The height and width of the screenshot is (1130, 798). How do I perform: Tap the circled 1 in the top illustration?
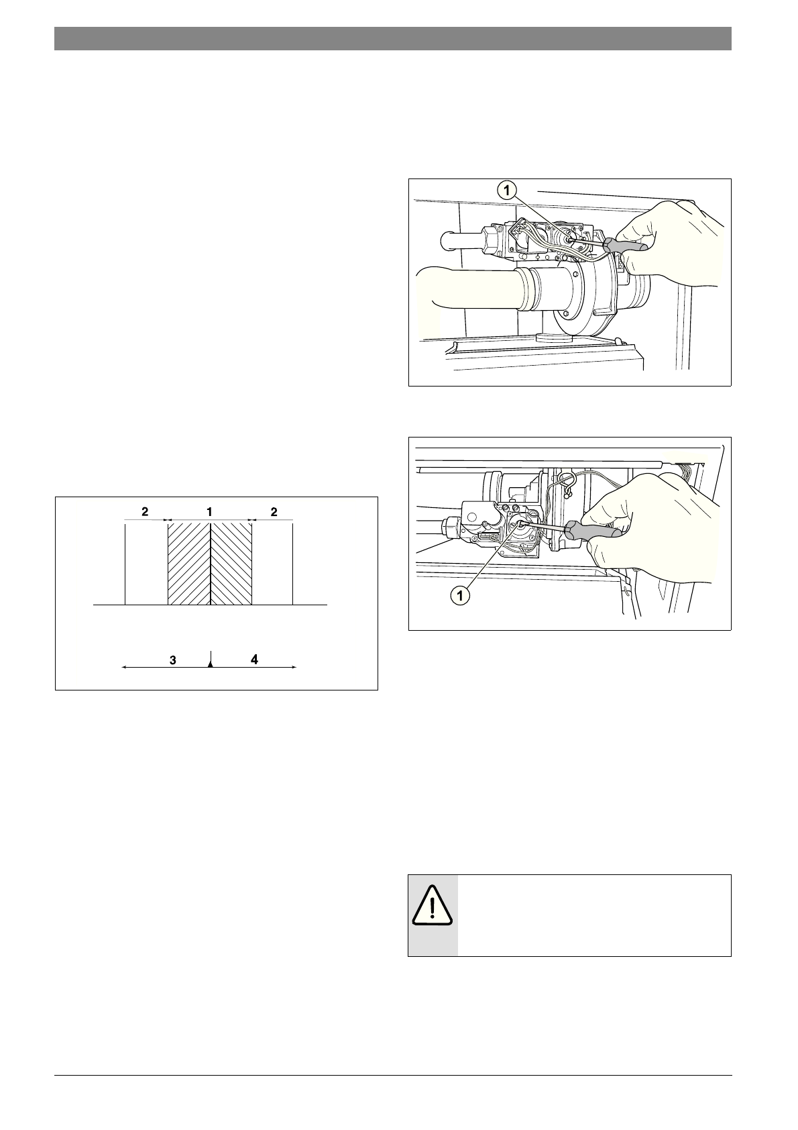point(507,191)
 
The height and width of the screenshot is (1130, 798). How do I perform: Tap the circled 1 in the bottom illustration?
point(459,595)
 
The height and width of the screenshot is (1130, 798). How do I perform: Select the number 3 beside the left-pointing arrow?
point(173,660)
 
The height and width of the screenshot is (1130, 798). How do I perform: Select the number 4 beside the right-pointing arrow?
point(254,660)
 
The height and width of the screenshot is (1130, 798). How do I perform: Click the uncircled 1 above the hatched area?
point(209,512)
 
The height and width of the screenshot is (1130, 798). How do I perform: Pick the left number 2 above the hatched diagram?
point(145,512)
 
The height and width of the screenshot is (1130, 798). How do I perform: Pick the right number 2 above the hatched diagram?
point(274,512)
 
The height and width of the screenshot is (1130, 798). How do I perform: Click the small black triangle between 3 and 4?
point(211,664)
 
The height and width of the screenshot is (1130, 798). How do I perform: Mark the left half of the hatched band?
point(189,564)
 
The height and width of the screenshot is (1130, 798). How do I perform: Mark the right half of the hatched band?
point(231,564)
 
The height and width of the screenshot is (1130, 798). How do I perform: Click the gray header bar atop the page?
point(392,38)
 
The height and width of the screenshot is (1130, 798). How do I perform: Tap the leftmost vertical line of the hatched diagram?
point(126,564)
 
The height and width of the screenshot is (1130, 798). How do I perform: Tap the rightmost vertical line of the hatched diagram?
point(293,564)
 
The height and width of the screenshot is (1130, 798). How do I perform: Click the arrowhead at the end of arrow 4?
point(294,667)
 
